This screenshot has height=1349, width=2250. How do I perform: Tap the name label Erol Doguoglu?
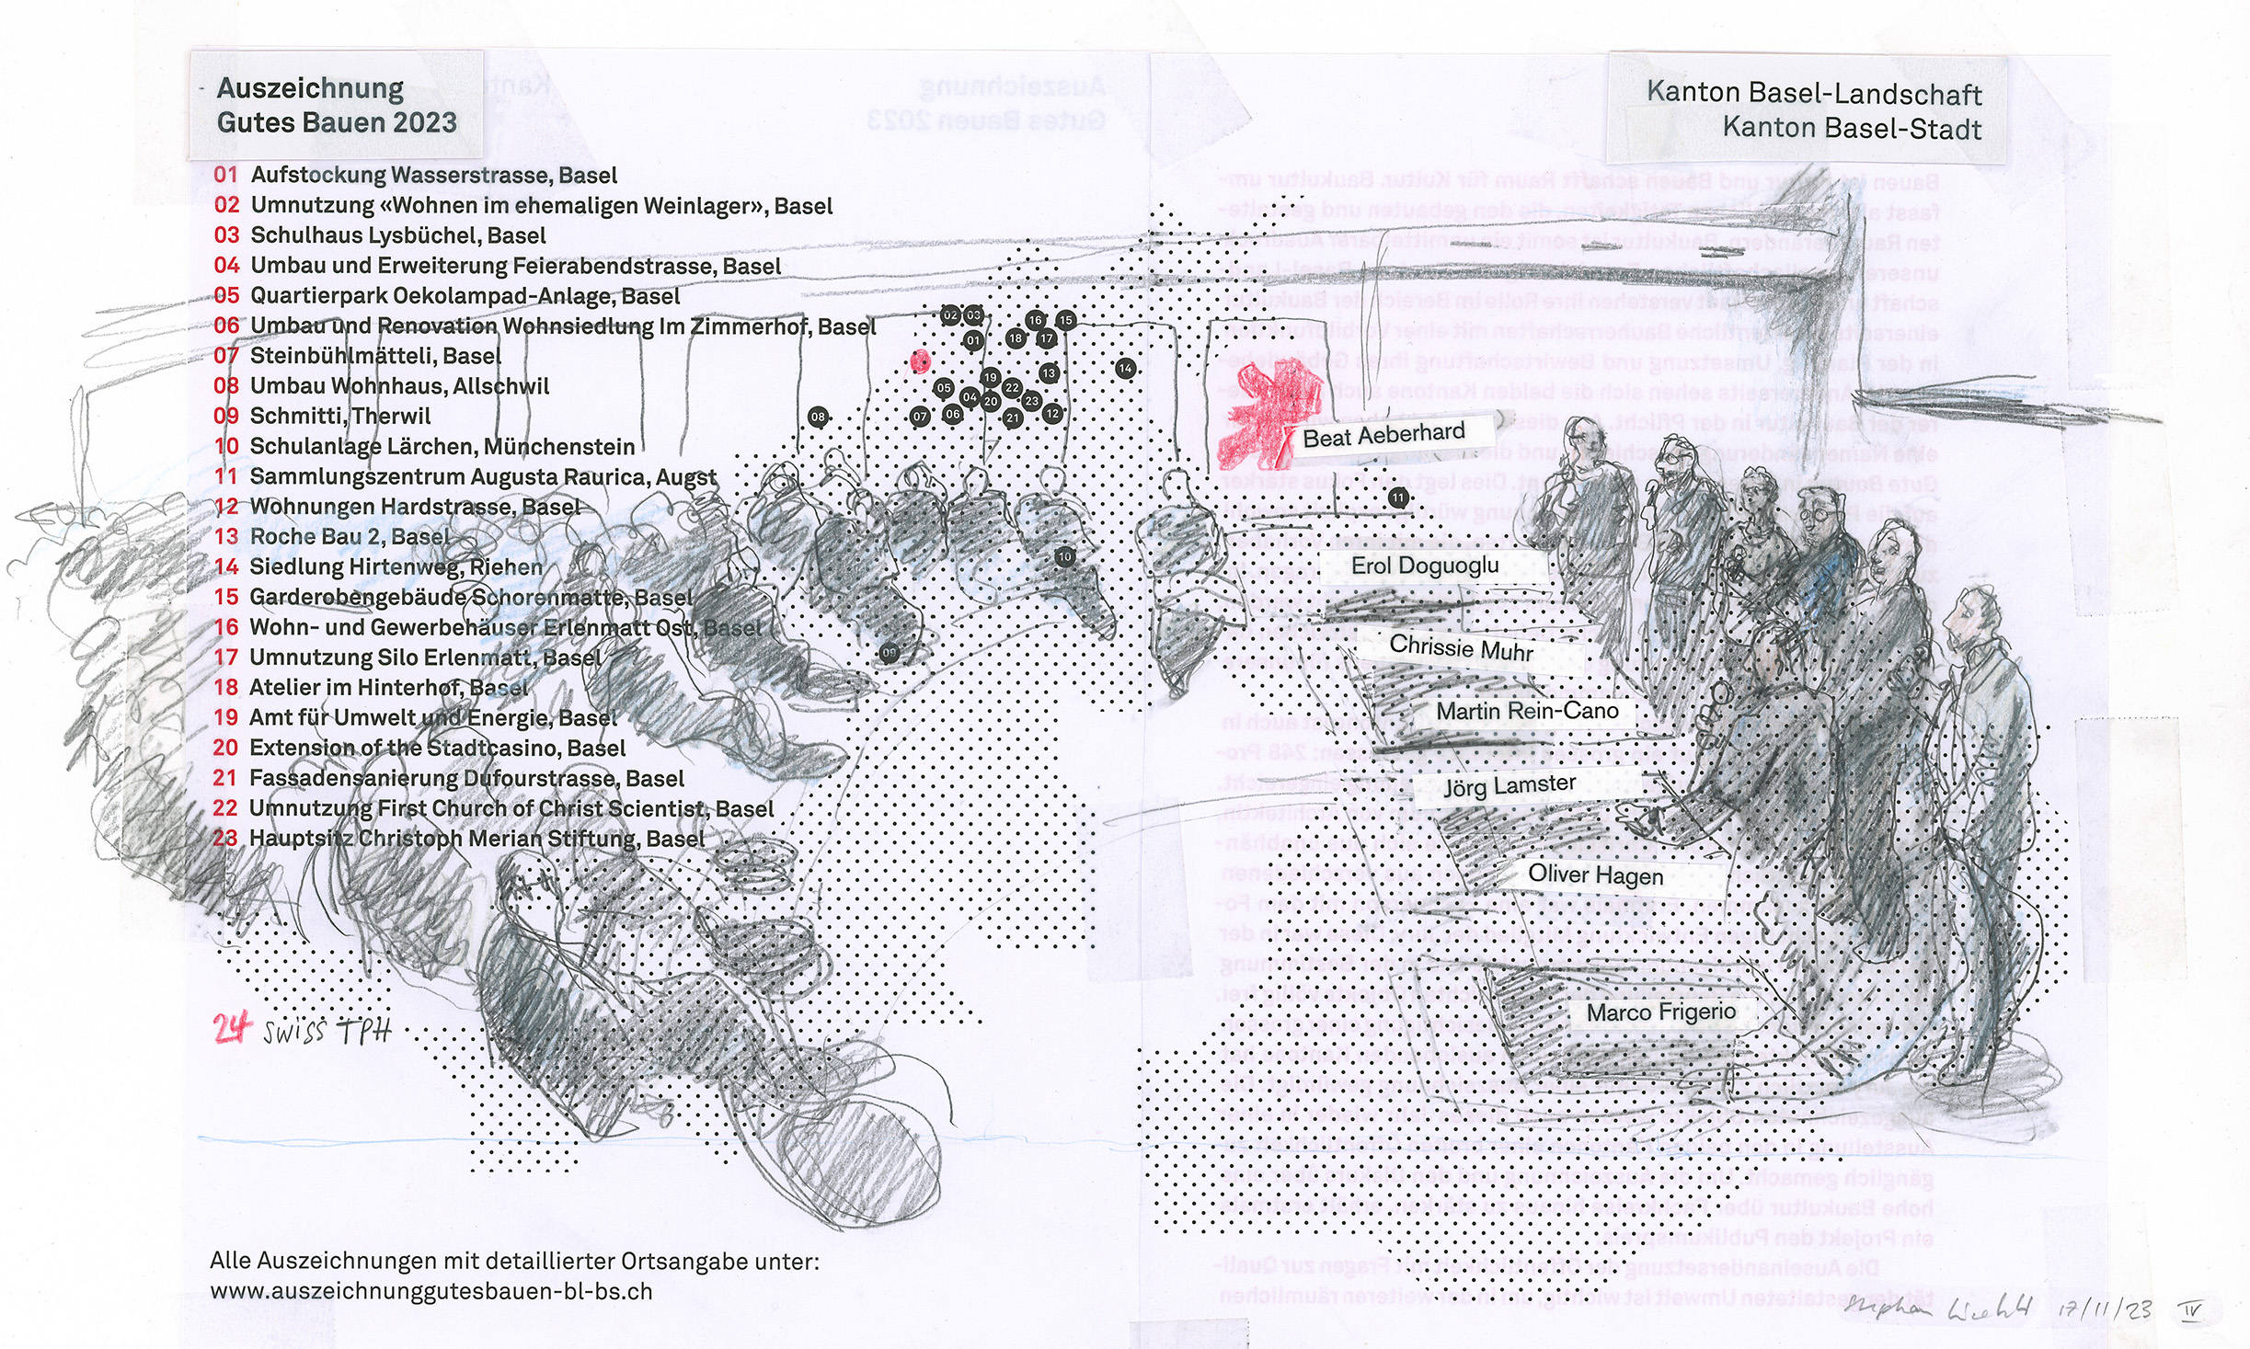[x=1425, y=566]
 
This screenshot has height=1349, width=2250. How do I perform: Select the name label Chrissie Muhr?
[x=1461, y=647]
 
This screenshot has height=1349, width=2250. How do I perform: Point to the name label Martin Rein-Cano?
[x=1527, y=711]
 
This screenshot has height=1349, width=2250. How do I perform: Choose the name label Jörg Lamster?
[x=1510, y=786]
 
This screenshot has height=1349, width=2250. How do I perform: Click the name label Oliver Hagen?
[x=1595, y=875]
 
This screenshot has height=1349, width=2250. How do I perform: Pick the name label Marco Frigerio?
[x=1661, y=1012]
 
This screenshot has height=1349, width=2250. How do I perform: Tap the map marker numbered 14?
[x=1125, y=369]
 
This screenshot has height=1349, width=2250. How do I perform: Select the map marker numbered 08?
[x=818, y=417]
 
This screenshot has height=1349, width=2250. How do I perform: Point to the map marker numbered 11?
[x=1398, y=498]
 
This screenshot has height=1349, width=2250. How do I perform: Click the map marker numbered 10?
[x=1064, y=556]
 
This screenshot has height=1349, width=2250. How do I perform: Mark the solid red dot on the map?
[x=920, y=361]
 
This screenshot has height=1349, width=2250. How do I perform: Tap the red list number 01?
[x=225, y=175]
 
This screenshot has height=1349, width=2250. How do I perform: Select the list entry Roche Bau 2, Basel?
[x=350, y=536]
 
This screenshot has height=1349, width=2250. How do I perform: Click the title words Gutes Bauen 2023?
[x=337, y=122]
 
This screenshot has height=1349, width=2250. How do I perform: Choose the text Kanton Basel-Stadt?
[x=1852, y=128]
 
